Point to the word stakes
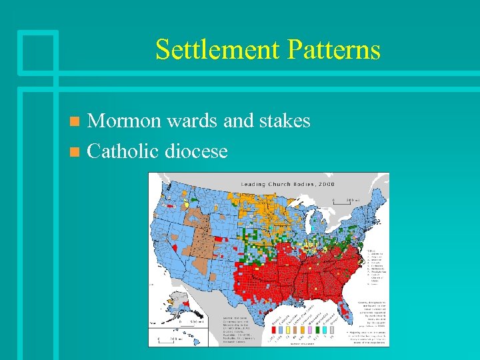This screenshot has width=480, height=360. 281,121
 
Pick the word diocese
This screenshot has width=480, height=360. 199,151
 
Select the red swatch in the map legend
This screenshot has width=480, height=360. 274,330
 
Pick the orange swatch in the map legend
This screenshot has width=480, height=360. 303,330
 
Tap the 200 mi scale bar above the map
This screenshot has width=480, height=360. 344,201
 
